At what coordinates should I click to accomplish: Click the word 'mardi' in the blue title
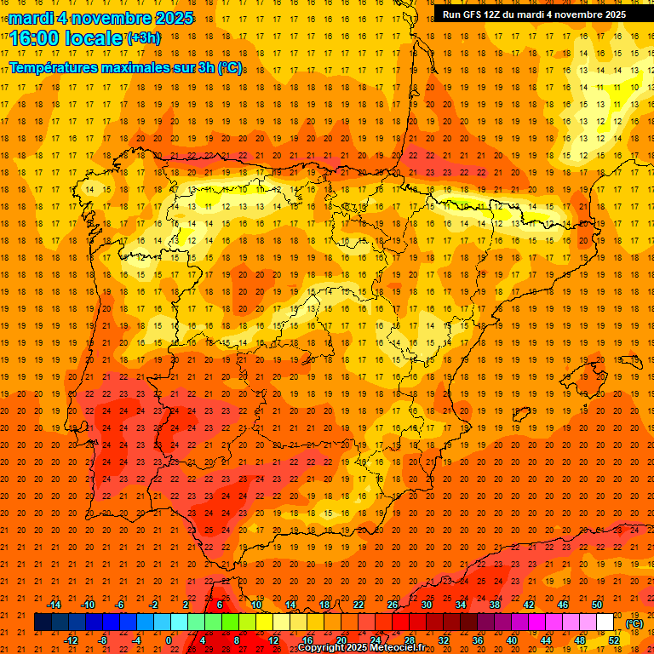(31, 18)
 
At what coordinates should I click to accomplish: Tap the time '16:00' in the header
(33, 38)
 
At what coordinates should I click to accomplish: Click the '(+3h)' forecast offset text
(143, 38)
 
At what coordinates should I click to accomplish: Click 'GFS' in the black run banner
(476, 14)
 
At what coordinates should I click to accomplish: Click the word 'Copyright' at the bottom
(322, 648)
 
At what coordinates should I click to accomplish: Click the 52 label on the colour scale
(614, 640)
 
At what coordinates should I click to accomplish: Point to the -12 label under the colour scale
(71, 640)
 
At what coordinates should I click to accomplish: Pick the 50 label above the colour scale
(597, 605)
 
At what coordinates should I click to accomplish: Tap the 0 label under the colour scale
(169, 640)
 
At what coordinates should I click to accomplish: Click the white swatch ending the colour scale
(605, 622)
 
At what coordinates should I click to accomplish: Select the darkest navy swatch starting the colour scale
(43, 622)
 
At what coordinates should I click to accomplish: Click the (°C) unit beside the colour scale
(634, 623)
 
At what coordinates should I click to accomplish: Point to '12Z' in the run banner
(500, 14)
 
